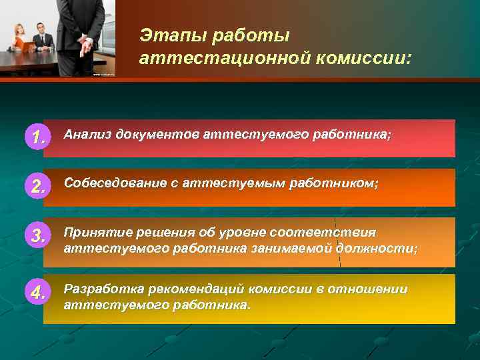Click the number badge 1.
[x=37, y=137]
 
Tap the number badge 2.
[x=37, y=187]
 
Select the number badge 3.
[x=37, y=235]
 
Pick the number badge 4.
[x=37, y=292]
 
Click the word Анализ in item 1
[x=87, y=135]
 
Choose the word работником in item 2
[x=333, y=184]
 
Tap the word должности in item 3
[x=376, y=249]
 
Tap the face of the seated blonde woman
[x=19, y=29]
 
